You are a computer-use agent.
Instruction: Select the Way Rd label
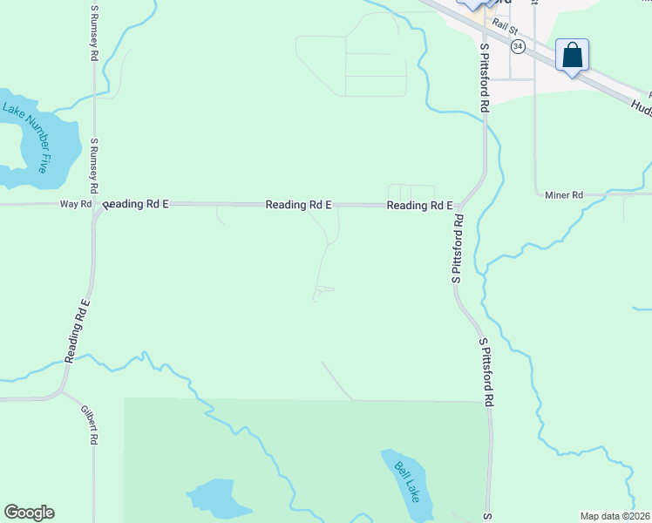[75, 204]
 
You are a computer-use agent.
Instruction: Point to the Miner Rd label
[563, 195]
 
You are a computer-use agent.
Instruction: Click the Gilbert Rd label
[87, 425]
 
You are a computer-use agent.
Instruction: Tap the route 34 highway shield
[518, 46]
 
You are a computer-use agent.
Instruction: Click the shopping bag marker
[572, 56]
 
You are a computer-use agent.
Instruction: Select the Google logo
[29, 513]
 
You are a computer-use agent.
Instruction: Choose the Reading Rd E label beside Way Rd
[135, 204]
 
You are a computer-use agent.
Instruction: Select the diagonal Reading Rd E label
[78, 330]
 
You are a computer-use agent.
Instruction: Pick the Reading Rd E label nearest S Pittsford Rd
[419, 206]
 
